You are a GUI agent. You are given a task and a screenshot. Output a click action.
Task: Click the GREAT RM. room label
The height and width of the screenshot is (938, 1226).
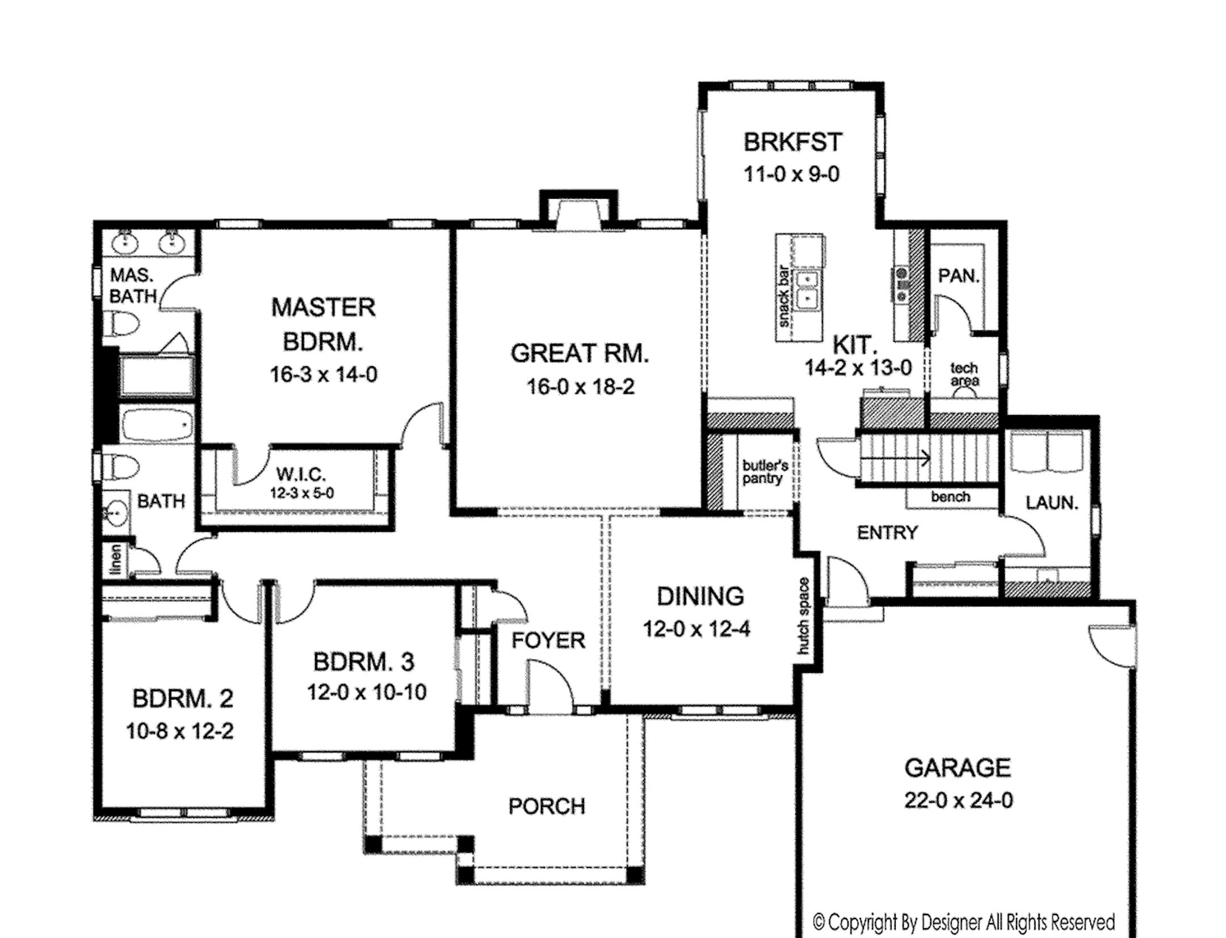(579, 353)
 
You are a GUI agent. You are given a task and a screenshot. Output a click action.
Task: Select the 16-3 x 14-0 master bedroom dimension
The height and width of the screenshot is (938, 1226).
(323, 375)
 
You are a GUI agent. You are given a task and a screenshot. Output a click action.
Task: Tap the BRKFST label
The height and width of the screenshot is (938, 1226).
(792, 142)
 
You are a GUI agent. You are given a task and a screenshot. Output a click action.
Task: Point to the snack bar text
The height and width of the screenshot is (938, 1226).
(784, 296)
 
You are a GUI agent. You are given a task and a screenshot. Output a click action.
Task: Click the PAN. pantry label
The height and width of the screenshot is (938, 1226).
(959, 276)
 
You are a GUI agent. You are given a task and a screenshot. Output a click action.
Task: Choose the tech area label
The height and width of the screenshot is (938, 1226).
(964, 375)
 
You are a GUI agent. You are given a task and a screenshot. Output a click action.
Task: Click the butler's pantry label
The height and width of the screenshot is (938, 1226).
(765, 472)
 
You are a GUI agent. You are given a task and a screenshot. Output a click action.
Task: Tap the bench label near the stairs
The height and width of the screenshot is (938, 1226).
(950, 497)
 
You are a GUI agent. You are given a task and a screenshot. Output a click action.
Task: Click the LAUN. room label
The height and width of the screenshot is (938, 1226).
(1052, 503)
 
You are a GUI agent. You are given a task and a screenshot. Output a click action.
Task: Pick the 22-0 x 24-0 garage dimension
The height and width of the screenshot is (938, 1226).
(958, 800)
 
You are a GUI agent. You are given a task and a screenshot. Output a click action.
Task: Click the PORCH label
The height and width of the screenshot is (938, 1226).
(547, 806)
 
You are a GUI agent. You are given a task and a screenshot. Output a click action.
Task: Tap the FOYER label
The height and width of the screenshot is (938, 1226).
(548, 640)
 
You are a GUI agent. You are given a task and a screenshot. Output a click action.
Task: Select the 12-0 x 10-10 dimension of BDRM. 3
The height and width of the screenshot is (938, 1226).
(367, 692)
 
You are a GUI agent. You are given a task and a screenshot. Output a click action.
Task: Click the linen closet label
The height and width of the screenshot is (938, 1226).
(115, 559)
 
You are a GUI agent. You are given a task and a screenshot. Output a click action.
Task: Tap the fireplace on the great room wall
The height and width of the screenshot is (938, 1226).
(578, 216)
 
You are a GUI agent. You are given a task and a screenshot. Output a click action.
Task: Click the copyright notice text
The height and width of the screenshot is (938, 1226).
(963, 921)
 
